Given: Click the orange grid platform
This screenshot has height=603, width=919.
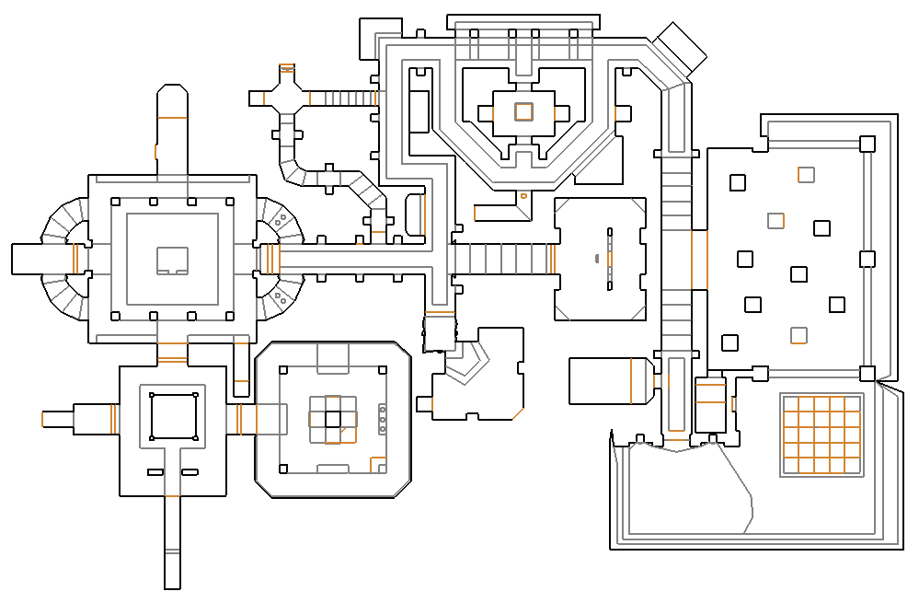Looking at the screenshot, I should tap(821, 435).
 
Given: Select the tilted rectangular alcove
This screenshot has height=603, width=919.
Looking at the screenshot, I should tap(681, 49).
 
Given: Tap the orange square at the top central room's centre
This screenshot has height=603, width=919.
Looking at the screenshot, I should tap(523, 111).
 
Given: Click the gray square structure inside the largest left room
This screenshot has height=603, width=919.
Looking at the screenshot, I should tap(172, 261).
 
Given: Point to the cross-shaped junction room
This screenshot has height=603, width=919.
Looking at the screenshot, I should tap(286, 97).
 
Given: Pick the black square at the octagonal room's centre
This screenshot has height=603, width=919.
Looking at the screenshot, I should tap(332, 420).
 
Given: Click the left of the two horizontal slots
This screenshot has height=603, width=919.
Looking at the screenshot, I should tap(155, 472).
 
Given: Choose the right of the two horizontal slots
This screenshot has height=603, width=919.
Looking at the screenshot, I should tap(190, 472).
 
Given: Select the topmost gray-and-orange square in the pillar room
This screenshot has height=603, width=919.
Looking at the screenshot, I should tap(806, 174).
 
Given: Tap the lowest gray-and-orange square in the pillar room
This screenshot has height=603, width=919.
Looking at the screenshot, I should tap(798, 335).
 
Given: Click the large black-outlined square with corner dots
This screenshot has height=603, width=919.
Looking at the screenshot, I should tap(173, 416).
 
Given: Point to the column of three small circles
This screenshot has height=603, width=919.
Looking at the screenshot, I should tap(383, 419).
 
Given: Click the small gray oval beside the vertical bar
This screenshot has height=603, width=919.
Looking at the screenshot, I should tap(596, 257).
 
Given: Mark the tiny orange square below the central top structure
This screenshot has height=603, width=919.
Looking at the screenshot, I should tap(523, 195).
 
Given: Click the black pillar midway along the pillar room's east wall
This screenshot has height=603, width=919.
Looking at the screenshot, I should tap(867, 259).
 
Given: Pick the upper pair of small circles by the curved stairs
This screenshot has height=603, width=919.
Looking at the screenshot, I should tap(280, 220).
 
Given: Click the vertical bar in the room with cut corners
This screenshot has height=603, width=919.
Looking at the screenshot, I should tap(609, 258).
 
